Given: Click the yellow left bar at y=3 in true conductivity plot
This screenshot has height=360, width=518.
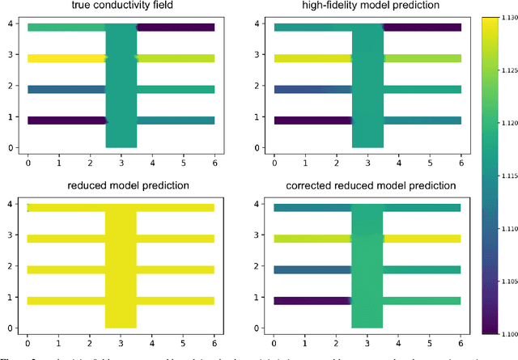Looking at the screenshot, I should pos(66,58).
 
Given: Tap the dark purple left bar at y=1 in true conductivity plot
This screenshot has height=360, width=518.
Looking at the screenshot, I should pos(66,121).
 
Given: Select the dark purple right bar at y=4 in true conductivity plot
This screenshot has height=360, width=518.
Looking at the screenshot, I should pos(176,28).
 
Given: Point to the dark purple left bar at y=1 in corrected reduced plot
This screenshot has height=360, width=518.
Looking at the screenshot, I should pos(312,300).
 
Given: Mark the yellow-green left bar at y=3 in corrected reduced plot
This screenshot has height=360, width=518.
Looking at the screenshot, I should pos(312,239).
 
